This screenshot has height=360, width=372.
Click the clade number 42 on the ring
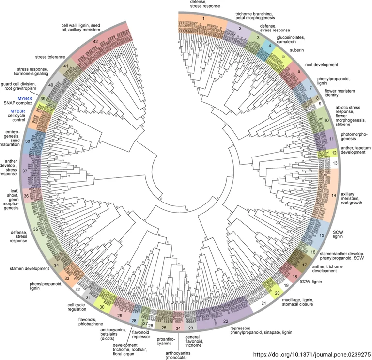tap(95, 42)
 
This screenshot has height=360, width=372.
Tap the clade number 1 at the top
tap(204, 18)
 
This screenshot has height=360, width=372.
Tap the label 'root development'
tap(321, 64)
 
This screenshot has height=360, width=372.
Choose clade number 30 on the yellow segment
tap(101, 306)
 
